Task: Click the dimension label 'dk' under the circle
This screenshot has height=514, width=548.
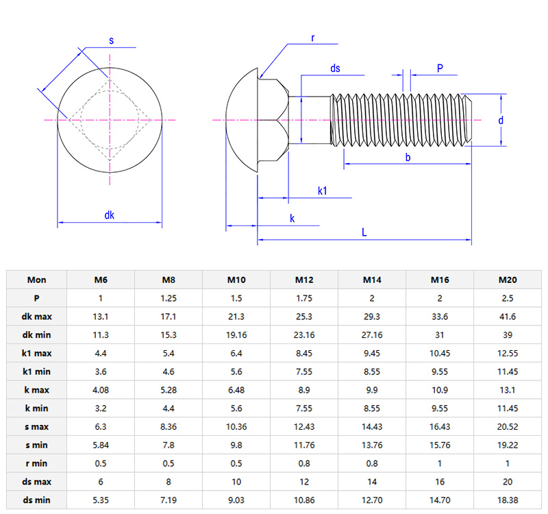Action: coord(110,215)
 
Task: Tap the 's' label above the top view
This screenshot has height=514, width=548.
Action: coord(112,42)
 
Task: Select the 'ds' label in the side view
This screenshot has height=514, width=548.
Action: coord(335,69)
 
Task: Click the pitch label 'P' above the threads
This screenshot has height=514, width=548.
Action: coord(440,68)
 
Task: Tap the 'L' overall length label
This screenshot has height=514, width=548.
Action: coord(364,233)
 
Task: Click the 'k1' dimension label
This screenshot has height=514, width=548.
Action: coord(323,190)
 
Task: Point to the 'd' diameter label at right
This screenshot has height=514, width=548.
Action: coord(501,120)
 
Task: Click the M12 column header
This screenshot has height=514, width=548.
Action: coord(304,280)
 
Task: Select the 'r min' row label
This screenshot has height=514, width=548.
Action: coord(37,463)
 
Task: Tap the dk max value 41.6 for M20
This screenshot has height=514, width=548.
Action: coord(508,317)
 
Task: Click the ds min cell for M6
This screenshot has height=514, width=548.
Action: coord(101,500)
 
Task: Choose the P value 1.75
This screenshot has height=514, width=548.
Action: coord(304,298)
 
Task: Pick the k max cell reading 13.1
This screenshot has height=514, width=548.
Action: coord(508,390)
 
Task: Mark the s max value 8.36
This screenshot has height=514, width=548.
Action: coord(169,427)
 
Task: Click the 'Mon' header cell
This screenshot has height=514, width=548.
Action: coord(37,280)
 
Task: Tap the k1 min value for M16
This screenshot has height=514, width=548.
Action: coord(440,371)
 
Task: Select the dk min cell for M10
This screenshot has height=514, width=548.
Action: coord(236,335)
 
